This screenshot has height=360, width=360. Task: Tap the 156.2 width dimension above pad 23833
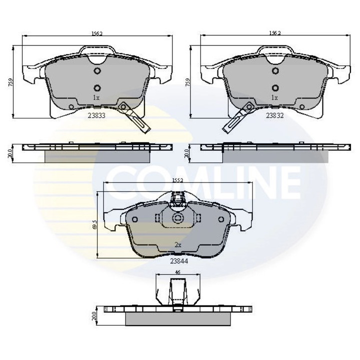click(x=97, y=34)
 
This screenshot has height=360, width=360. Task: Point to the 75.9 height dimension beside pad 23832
click(x=186, y=82)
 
